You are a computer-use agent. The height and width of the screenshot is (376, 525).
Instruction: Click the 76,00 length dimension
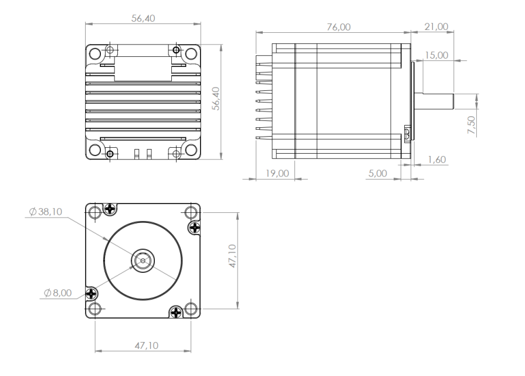338,27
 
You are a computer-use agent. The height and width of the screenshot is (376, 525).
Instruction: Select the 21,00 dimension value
436,27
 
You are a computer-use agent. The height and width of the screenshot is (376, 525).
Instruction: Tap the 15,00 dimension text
436,55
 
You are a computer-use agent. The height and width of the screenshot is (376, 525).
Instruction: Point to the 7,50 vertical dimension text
471,125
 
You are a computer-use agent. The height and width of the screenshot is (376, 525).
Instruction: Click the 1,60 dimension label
437,160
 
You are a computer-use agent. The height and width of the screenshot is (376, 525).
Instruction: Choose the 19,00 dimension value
277,174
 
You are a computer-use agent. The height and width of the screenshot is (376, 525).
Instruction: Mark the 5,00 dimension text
378,174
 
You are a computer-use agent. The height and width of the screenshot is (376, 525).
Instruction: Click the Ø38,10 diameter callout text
46,212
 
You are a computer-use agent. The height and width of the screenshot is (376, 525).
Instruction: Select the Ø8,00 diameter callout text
58,293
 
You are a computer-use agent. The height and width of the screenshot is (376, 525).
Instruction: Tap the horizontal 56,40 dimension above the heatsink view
143,18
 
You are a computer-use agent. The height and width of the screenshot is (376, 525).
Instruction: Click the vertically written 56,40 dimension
216,99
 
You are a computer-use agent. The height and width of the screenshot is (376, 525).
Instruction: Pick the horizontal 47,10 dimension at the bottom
147,345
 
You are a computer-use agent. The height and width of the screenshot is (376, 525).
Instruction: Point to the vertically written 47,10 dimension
232,256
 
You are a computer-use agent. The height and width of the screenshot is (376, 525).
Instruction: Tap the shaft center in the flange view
143,260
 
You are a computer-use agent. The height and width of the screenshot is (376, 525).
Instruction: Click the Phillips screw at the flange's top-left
110,209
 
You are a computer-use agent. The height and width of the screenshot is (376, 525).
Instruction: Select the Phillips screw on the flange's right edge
195,228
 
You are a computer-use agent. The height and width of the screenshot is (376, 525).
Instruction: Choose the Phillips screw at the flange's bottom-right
176,313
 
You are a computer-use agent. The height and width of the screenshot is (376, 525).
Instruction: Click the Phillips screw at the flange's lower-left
92,294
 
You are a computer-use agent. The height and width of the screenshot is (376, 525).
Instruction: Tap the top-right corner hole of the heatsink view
191,53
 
